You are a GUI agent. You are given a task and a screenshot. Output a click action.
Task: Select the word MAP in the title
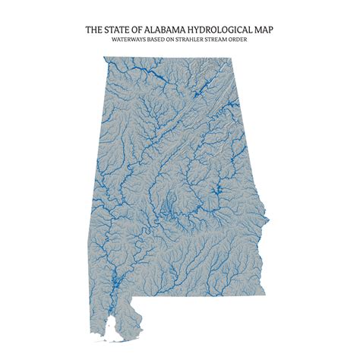[263, 30]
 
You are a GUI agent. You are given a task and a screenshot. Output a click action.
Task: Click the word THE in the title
[94, 30]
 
